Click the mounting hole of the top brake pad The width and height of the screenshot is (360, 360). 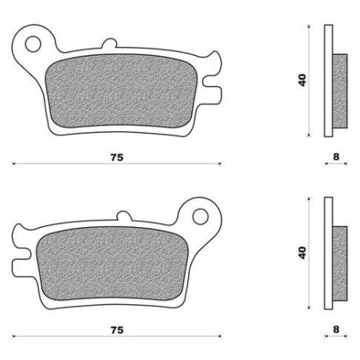tap(33, 41)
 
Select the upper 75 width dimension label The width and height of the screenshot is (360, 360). tap(117, 158)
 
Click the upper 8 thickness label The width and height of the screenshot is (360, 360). tap(337, 158)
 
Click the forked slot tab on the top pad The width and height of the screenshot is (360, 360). tap(213, 80)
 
